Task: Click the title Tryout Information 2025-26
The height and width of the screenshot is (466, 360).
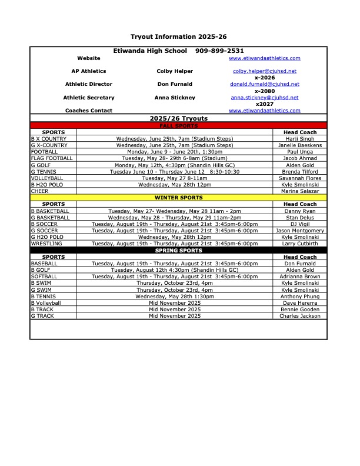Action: pyautogui.click(x=178, y=36)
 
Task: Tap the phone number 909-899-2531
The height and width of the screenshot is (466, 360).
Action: pyautogui.click(x=219, y=51)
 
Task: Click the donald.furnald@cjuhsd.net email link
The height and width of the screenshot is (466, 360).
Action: pyautogui.click(x=264, y=84)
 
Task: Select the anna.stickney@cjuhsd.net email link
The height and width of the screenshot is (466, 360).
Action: pyautogui.click(x=264, y=98)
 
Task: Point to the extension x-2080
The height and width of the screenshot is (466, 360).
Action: pyautogui.click(x=264, y=91)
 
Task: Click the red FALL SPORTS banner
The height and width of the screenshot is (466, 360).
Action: pyautogui.click(x=178, y=126)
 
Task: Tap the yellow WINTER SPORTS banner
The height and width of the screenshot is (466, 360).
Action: pyautogui.click(x=178, y=198)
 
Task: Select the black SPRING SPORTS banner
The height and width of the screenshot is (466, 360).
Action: pyautogui.click(x=178, y=251)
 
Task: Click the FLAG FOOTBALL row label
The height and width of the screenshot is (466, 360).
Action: pyautogui.click(x=52, y=158)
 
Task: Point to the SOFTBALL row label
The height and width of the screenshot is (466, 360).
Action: pyautogui.click(x=44, y=277)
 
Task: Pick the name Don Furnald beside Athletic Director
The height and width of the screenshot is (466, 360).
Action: pyautogui.click(x=174, y=84)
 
